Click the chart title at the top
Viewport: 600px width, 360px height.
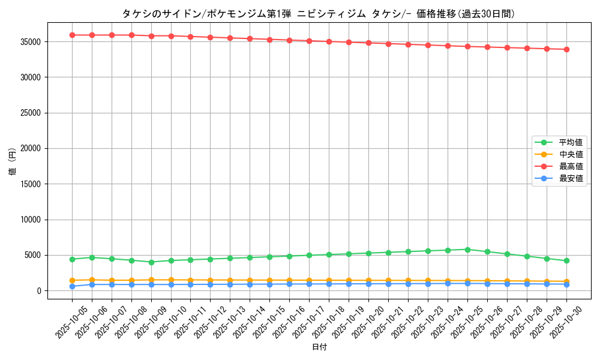318,14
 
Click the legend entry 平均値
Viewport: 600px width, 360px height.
571,143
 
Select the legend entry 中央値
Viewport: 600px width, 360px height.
571,155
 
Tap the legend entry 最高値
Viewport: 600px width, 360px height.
571,167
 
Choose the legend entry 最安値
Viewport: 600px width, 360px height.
571,179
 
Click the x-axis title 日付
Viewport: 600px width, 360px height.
319,347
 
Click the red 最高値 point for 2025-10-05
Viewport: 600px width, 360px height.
72,35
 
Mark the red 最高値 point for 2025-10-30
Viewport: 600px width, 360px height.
566,49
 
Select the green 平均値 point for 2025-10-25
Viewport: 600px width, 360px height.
467,250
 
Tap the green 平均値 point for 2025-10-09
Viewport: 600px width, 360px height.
151,262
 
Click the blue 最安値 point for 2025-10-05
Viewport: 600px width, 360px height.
72,286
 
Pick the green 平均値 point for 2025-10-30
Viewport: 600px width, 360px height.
566,260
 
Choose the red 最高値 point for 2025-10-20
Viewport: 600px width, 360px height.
368,43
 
